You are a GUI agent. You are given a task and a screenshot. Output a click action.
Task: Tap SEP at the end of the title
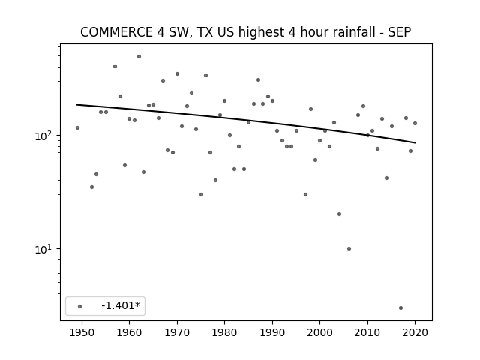coord(400,32)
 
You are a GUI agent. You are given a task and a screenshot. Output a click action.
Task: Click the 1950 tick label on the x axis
coord(82,332)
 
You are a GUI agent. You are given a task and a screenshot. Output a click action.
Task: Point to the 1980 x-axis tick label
coord(224,332)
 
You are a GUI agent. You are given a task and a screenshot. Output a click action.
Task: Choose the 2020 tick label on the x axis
coord(415,332)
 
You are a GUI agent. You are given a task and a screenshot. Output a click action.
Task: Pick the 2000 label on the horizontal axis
coord(320,332)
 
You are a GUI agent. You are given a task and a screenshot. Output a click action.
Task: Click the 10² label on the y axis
coord(44,136)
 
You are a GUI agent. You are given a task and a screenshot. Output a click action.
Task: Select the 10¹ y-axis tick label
coord(44,249)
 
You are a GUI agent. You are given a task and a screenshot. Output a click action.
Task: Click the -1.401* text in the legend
coord(121,305)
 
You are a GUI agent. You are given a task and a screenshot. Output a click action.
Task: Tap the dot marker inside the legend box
coord(80,306)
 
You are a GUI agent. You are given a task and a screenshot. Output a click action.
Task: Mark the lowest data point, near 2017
coord(400,307)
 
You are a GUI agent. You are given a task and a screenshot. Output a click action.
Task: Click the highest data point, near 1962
coord(139,57)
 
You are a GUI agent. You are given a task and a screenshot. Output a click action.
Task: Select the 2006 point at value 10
coord(349,248)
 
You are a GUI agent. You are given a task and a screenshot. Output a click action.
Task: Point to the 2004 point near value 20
coord(339,214)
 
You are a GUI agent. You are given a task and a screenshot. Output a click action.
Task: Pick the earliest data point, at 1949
coord(77,127)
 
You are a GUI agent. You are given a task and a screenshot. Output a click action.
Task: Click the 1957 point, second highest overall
coord(115,67)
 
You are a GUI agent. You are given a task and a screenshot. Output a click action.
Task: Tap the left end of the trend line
coord(76,105)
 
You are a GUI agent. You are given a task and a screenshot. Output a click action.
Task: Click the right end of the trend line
coord(415,142)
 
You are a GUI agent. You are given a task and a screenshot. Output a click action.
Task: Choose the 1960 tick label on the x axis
coord(129,332)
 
